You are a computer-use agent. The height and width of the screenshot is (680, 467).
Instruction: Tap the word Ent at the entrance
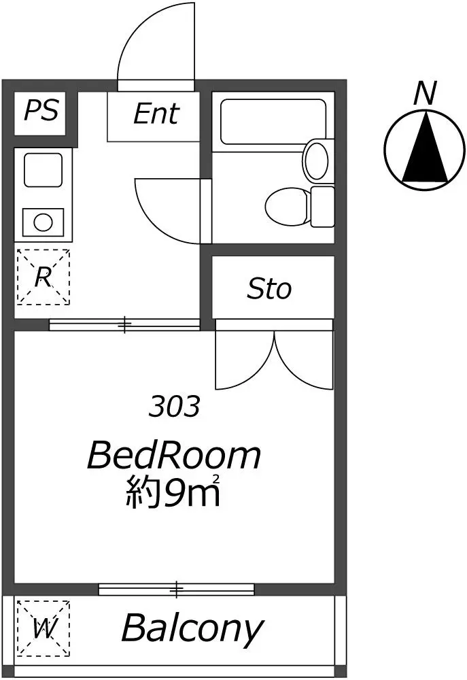(156, 114)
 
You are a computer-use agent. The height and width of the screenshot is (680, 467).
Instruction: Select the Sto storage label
(269, 288)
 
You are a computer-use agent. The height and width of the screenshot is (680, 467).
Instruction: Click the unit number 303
(174, 407)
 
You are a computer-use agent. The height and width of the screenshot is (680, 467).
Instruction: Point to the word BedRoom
(174, 456)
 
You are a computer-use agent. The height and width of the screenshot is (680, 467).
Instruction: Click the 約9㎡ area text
(173, 492)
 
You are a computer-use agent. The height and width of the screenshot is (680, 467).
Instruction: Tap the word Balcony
(192, 627)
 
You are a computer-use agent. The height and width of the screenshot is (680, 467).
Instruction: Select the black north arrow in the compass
(425, 148)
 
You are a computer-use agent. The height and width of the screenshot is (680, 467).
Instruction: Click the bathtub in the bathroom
(273, 122)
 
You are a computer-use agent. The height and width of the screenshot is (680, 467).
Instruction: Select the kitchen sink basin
(43, 170)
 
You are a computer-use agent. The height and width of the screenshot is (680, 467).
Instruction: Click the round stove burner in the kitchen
(43, 222)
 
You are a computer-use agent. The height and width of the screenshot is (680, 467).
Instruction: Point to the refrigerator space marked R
(43, 277)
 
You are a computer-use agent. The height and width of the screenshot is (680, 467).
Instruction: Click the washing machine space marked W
(43, 628)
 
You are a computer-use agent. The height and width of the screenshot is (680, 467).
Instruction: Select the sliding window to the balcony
(176, 590)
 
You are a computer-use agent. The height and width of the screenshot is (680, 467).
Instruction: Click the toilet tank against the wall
(323, 207)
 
